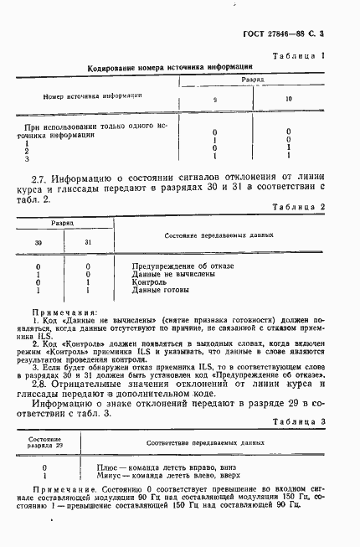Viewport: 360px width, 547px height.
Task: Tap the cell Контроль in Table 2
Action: pyautogui.click(x=152, y=282)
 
